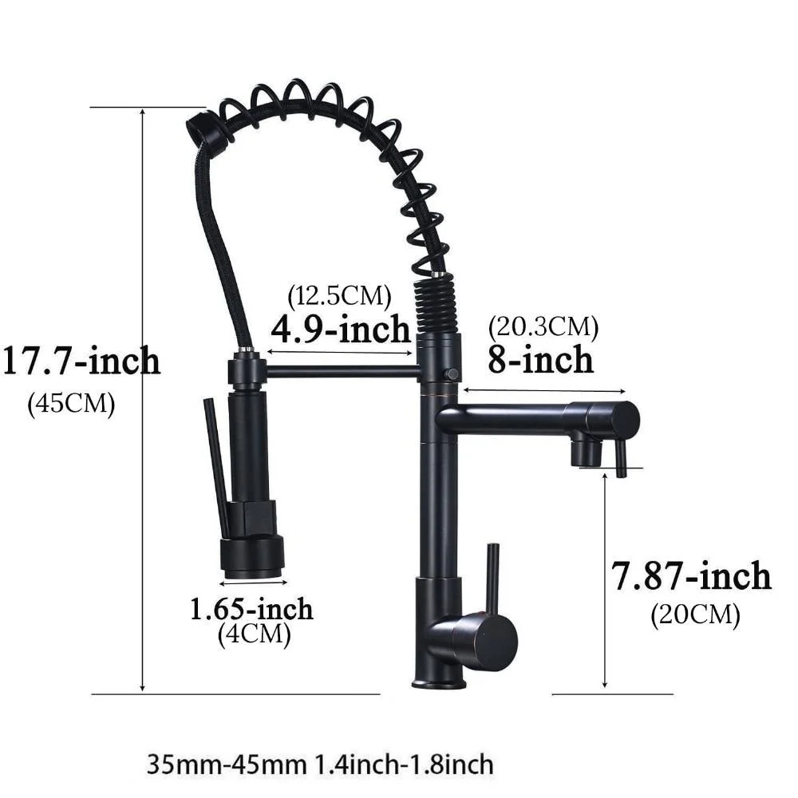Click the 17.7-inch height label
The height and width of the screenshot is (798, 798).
point(82,361)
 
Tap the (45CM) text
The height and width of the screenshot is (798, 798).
point(71,404)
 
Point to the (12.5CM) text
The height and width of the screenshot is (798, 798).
point(339,295)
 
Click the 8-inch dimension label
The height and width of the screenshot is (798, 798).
point(540,359)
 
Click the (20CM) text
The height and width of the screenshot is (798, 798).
point(695,614)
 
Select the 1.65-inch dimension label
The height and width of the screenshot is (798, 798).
point(251,609)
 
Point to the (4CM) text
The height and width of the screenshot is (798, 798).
point(255,634)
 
